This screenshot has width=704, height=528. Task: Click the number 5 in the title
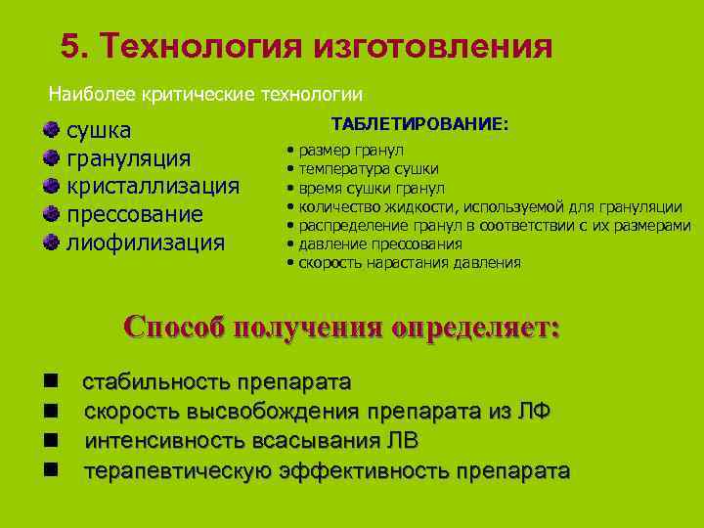pos(69,46)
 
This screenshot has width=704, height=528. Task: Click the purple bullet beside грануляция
pos(51,157)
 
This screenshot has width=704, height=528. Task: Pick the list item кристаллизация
pos(152,186)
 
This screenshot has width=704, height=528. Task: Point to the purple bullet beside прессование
pos(51,213)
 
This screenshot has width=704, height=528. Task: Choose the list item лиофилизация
pos(145,242)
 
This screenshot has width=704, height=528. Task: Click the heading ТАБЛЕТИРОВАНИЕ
pos(420,126)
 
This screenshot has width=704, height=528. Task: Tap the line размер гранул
pos(352,152)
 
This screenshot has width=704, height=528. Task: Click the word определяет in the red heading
pos(476,327)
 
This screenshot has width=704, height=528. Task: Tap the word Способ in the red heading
pos(172,327)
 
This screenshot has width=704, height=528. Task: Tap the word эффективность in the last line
pos(362,471)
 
